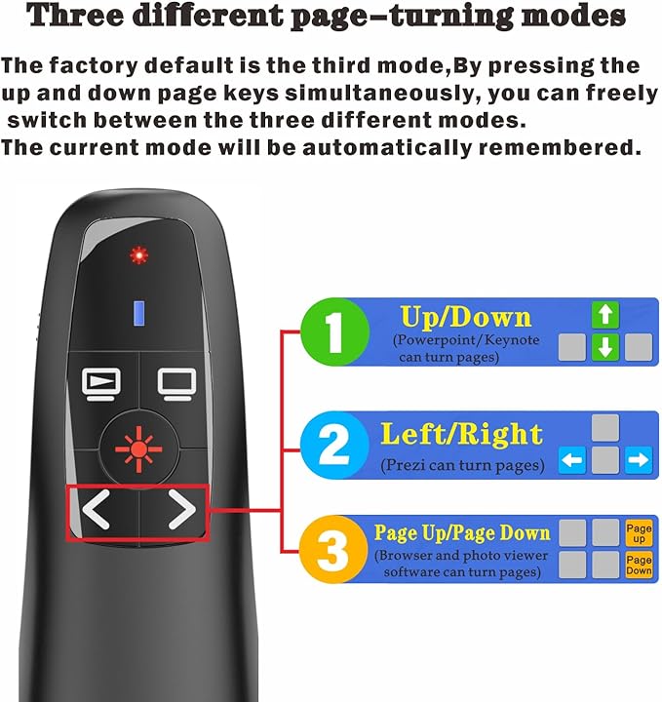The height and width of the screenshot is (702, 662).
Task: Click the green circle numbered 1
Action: pos(334,331)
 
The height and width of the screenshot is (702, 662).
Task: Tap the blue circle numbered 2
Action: pos(334,446)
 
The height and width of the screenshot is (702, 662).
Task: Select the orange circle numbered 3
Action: pos(334,549)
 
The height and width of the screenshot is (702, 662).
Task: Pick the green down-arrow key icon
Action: pos(606,347)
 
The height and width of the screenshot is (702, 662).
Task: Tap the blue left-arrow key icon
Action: pos(573,460)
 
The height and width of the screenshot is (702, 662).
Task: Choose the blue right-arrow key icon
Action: pos(639,460)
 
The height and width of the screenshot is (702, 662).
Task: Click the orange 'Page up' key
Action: pos(639,532)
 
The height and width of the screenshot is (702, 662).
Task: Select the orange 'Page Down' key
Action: pos(639,565)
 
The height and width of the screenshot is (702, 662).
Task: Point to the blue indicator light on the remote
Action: pos(138,312)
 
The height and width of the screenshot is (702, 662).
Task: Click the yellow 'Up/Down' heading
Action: pos(466,318)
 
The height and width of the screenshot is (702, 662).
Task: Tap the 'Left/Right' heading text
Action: pos(462,433)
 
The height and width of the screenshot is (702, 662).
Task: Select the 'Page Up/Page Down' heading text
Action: pos(462,532)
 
